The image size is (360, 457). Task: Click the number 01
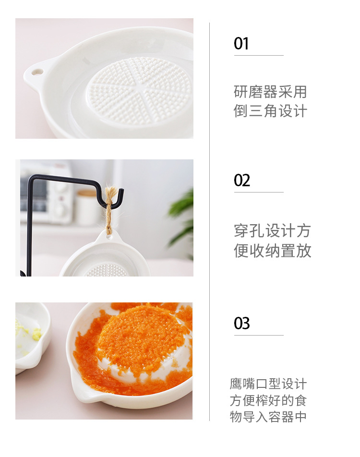click(x=241, y=44)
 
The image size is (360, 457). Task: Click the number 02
click(x=242, y=180)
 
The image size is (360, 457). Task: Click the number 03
click(x=242, y=323)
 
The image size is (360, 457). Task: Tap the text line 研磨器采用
click(x=270, y=92)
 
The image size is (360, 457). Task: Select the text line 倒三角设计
click(x=270, y=111)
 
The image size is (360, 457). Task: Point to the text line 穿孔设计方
click(x=272, y=231)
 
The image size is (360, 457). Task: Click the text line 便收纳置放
click(x=272, y=251)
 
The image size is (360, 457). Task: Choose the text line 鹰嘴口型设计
click(x=268, y=384)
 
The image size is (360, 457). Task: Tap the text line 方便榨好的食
click(x=268, y=400)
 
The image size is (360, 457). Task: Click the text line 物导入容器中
click(x=268, y=417)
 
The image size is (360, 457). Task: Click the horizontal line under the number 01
click(x=259, y=56)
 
